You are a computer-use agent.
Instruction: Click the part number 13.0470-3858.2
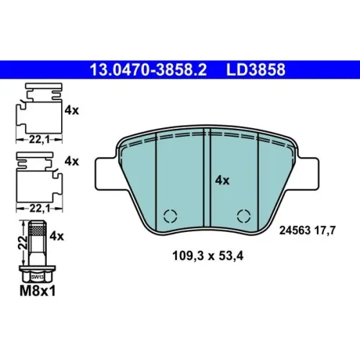tap(148, 70)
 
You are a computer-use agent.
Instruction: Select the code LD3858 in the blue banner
tap(256, 70)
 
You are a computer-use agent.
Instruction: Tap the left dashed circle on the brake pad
tap(170, 216)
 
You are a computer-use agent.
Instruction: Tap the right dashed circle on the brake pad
tap(243, 216)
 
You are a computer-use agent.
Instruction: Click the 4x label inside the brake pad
tap(222, 180)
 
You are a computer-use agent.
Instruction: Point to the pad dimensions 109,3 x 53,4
tap(208, 256)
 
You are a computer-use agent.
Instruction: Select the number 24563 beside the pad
tap(294, 230)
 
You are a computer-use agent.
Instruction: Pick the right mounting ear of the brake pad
tap(308, 173)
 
